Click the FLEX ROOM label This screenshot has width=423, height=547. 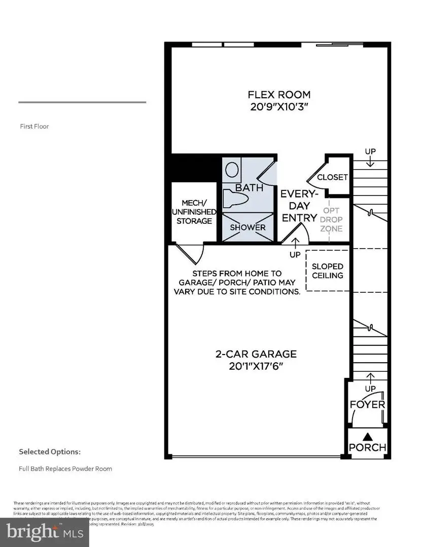click(279, 95)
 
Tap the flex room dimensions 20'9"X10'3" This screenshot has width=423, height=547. click(279, 107)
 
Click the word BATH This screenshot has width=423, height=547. click(249, 188)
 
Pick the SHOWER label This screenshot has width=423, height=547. click(248, 227)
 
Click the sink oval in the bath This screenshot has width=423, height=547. click(233, 169)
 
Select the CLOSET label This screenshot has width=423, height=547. click(332, 177)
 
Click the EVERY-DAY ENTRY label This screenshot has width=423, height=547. click(299, 206)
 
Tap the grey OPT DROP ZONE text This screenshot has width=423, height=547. click(331, 219)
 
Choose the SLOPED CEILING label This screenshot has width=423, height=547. click(328, 271)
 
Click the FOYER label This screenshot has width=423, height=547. click(368, 405)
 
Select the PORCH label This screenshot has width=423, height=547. click(368, 448)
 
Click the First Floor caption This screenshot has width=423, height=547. click(34, 127)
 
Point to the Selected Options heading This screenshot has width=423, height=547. click(50, 451)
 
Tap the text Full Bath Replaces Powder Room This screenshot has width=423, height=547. click(65, 468)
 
